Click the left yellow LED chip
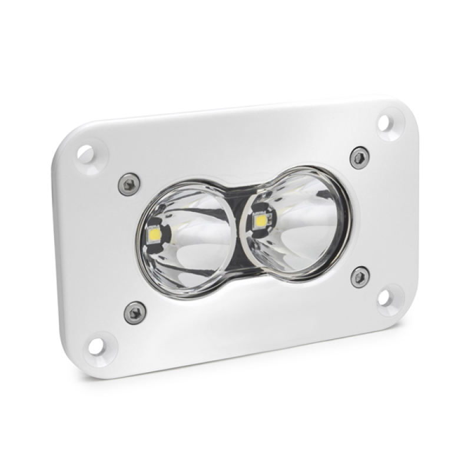(x=157, y=234)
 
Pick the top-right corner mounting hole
(x=383, y=122)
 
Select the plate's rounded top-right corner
(x=394, y=106)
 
